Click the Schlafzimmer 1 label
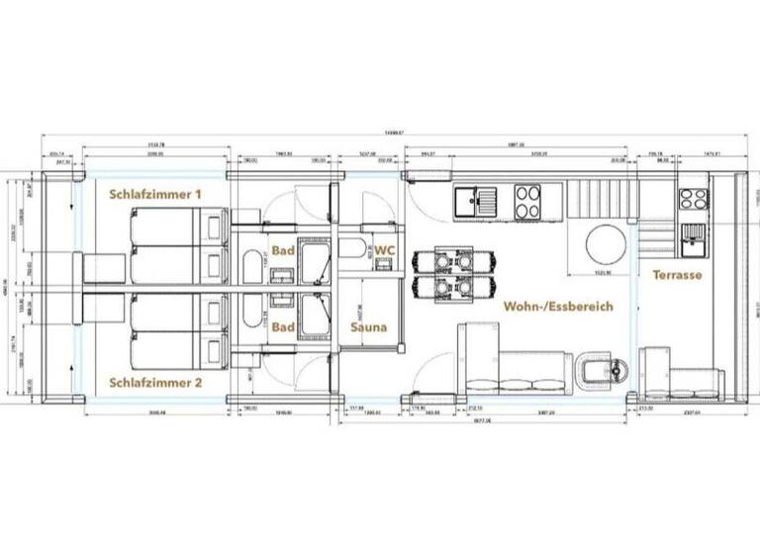(155, 195)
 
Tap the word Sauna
(368, 325)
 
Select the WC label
(386, 251)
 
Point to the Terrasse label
(677, 275)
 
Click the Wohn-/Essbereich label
(557, 307)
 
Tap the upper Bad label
(283, 250)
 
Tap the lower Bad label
(283, 325)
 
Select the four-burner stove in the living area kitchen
(527, 201)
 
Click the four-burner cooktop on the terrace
(693, 197)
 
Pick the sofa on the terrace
(683, 381)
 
